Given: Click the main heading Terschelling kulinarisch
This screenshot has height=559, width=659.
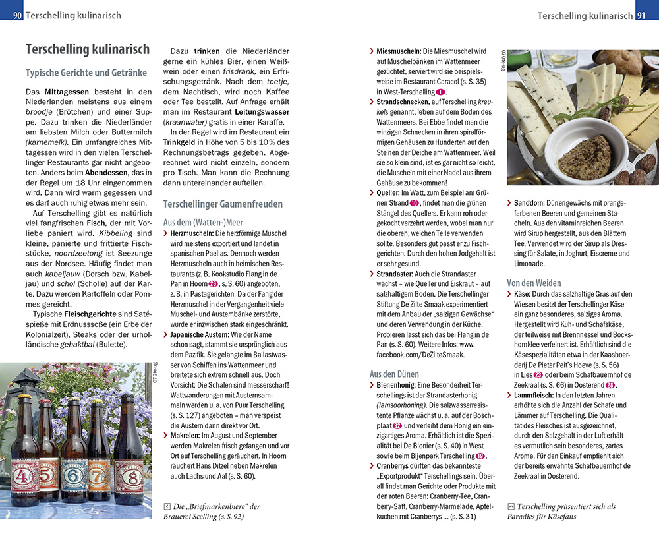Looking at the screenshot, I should click(x=87, y=49).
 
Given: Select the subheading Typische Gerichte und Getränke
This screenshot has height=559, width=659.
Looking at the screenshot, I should click(x=86, y=73).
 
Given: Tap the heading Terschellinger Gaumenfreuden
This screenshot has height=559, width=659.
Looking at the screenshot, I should click(x=223, y=204).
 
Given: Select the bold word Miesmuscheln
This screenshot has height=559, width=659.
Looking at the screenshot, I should click(x=399, y=51).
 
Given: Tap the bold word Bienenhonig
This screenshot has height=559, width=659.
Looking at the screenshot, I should click(x=397, y=385).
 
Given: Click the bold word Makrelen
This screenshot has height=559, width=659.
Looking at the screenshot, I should click(x=186, y=436).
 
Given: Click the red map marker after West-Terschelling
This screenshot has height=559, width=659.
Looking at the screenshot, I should click(x=441, y=92).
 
